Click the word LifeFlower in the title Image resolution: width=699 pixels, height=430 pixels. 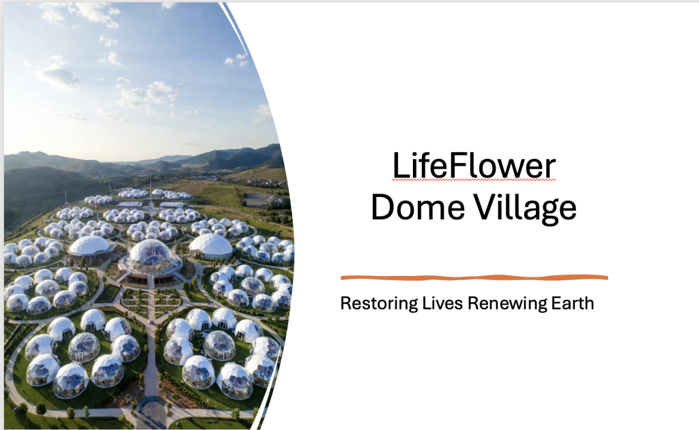(x=474, y=165)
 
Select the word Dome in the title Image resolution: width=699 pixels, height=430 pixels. (x=418, y=207)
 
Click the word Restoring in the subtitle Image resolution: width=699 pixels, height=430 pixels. (x=379, y=303)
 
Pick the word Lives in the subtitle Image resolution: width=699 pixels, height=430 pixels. (x=442, y=303)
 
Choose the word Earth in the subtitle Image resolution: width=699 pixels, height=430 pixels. (x=573, y=303)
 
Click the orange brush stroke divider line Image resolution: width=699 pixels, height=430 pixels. (x=474, y=278)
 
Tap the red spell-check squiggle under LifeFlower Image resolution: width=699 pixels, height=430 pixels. (x=474, y=180)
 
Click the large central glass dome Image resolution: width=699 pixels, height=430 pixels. (x=150, y=256)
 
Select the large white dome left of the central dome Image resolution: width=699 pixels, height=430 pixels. (x=90, y=246)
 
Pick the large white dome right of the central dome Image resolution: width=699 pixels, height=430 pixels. (x=211, y=245)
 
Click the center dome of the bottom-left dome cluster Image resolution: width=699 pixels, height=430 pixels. (x=84, y=347)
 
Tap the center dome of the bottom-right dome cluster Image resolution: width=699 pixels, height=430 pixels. (x=219, y=345)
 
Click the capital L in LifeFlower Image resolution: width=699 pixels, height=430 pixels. (x=401, y=165)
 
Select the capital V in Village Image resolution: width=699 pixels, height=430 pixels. (x=484, y=206)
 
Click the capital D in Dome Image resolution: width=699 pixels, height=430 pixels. (x=382, y=207)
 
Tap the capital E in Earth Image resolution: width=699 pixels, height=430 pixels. (x=556, y=303)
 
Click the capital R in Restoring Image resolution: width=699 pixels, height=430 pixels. (x=346, y=303)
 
